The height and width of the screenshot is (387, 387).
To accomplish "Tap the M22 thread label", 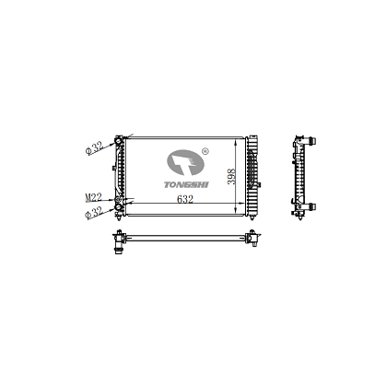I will click(93, 196).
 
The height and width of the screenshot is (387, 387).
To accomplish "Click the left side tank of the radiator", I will click(120, 175).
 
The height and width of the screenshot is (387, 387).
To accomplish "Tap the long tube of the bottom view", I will click(184, 240).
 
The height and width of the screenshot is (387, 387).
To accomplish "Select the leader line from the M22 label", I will click(106, 196).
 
